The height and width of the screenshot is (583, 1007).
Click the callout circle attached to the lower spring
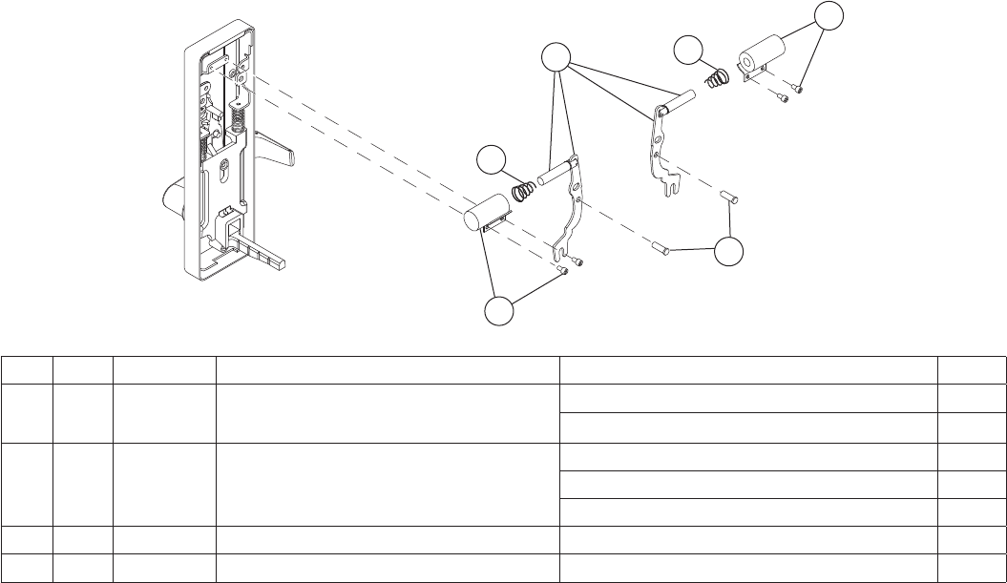493,160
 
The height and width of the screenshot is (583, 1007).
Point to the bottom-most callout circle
499,312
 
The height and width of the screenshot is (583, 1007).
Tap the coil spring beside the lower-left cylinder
524,191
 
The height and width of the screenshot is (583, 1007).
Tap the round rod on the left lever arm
555,177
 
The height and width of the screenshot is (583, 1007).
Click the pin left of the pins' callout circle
659,249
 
